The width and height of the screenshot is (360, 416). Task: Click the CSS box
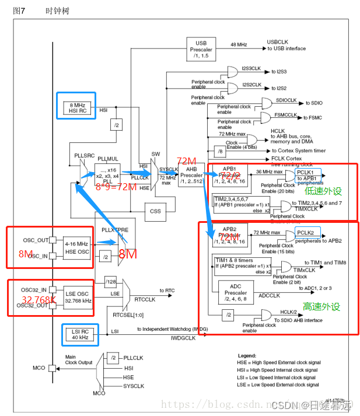tap(155, 211)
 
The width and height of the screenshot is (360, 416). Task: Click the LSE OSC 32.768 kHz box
tap(78, 297)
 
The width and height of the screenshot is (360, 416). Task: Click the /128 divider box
tap(111, 282)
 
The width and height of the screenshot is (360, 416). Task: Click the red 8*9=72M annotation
tap(116, 187)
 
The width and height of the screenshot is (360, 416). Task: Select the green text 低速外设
tap(323, 191)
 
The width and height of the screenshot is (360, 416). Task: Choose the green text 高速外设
tap(321, 306)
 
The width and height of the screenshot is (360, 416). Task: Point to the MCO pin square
tap(53, 368)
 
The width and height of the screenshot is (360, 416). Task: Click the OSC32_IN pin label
tap(36, 290)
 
